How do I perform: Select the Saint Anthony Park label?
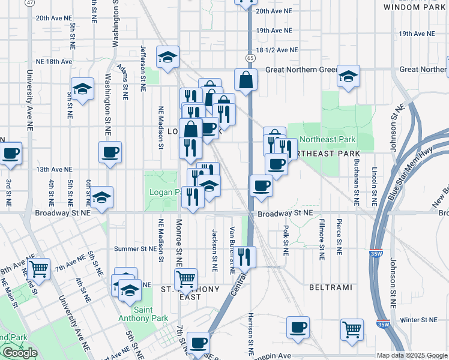click(x=142, y=314)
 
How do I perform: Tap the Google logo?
click(x=20, y=353)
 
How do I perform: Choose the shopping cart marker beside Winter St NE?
click(x=351, y=328)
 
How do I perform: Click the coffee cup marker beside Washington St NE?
click(x=110, y=152)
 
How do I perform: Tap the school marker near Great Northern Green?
click(x=348, y=76)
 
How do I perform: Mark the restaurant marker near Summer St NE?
click(x=244, y=256)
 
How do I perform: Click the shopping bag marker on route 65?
click(x=246, y=79)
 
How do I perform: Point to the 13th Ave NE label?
click(x=54, y=170)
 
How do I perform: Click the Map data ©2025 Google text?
click(x=411, y=355)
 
